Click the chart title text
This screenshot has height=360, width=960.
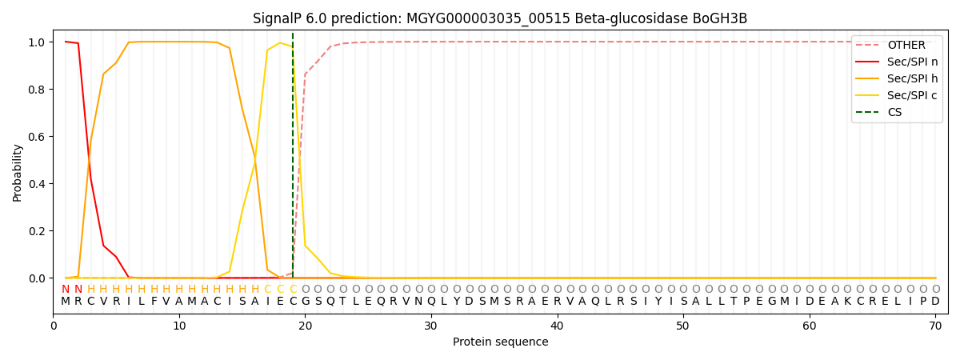coord(500,18)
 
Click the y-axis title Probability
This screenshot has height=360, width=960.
coord(18,172)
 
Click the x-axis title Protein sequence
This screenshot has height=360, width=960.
coord(500,342)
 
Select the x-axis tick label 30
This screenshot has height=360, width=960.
coord(431,326)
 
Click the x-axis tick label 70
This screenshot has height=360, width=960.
coord(935,326)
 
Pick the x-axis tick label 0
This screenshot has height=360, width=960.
coord(54,326)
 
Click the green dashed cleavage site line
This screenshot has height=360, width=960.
coord(293,160)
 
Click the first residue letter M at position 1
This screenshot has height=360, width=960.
coord(66,302)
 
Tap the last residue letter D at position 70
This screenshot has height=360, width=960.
coord(935,302)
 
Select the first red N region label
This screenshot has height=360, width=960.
coord(66,289)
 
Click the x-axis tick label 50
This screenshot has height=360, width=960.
coord(683,326)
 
